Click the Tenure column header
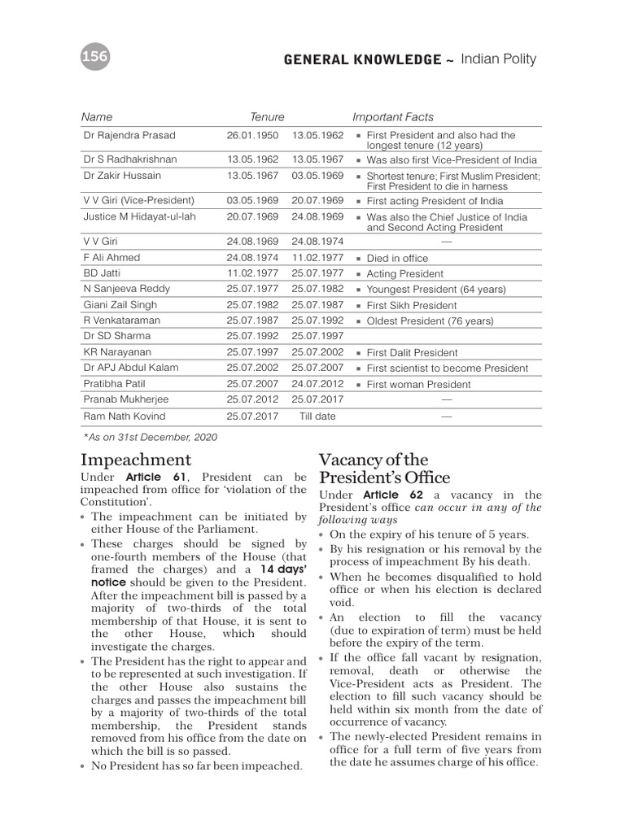pyautogui.click(x=267, y=117)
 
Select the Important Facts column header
pyautogui.click(x=393, y=117)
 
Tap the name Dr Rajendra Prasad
pyautogui.click(x=129, y=135)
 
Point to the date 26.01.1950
pyautogui.click(x=252, y=135)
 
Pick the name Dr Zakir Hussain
pyautogui.click(x=122, y=175)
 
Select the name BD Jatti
pyautogui.click(x=102, y=273)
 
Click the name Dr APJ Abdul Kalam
pyautogui.click(x=129, y=368)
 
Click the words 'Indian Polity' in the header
pyautogui.click(x=498, y=59)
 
